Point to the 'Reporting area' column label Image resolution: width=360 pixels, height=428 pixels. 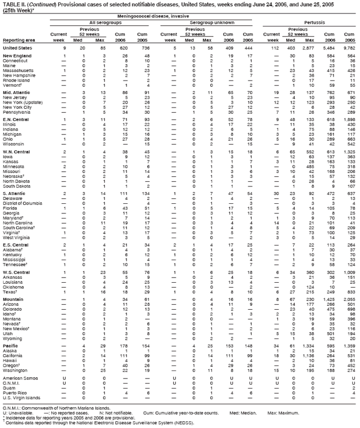[17, 41]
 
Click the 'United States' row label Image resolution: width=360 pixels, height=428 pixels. [17, 48]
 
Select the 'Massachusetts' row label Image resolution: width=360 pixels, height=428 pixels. [19, 70]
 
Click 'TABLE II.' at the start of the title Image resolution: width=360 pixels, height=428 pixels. [13, 4]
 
